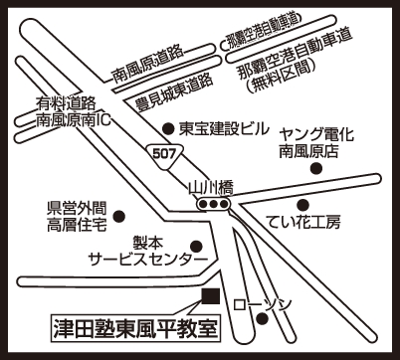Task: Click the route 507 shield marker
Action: point(164,155)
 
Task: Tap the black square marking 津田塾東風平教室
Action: point(211,297)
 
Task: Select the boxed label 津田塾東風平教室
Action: point(136,328)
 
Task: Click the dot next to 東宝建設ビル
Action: point(169,129)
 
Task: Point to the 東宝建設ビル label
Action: point(223,128)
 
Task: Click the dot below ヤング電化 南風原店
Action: point(316,168)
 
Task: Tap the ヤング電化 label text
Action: point(316,135)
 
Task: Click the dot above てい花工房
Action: point(302,205)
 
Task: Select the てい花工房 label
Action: point(304,223)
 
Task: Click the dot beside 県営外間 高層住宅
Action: point(119,217)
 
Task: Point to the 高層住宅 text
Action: point(77,226)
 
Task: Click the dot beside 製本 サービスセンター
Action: point(196,246)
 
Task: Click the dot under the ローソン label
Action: point(263,319)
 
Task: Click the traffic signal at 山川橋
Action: point(213,204)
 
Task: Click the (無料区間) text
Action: point(281,79)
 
